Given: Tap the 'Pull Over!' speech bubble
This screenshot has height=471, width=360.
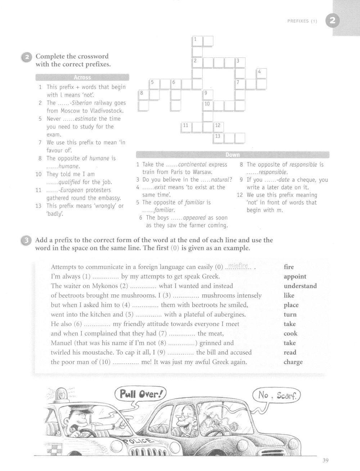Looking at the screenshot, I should [139, 394].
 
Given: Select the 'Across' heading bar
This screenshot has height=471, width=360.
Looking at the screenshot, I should [82, 77].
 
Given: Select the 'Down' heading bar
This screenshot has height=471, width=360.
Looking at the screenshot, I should [232, 155].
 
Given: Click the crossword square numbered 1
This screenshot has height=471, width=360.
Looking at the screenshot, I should [198, 41].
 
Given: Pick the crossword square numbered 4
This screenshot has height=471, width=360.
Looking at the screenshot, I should [262, 74].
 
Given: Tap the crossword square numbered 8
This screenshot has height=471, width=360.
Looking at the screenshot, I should [144, 95].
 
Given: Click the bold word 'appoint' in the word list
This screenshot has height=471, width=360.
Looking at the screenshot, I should [295, 276].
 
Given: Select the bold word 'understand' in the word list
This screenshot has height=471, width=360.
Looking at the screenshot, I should [300, 286].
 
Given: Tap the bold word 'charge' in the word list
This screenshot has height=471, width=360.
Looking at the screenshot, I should [293, 362].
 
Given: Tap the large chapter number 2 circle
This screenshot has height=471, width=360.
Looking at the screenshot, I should [332, 21].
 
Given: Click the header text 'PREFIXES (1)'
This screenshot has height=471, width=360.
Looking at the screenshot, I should [302, 21].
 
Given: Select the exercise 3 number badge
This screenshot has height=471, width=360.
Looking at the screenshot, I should [26, 240].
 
